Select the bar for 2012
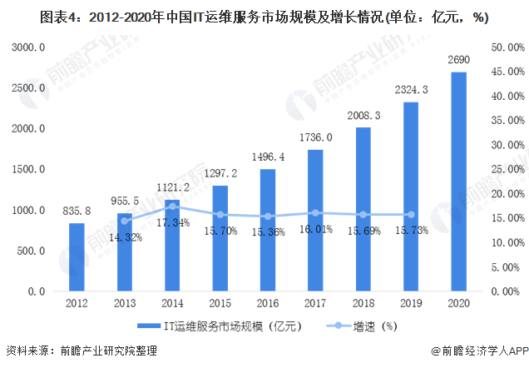point(77,257)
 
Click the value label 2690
point(459,61)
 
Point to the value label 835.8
point(77,212)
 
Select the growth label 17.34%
point(173,221)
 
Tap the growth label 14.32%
point(125,237)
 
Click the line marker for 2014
point(172,206)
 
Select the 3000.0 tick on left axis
point(29,48)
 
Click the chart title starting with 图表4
point(264,16)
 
